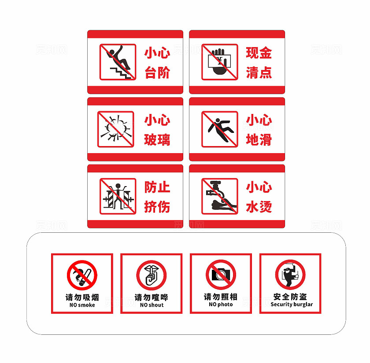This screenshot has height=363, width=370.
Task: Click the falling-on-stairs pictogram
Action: pyautogui.click(x=118, y=62)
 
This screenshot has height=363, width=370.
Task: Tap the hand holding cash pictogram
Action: pyautogui.click(x=220, y=62)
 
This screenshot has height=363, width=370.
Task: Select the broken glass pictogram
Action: pyautogui.click(x=115, y=129)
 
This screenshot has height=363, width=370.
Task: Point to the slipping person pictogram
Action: pyautogui.click(x=220, y=129)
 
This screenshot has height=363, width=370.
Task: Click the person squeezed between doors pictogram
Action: pyautogui.click(x=118, y=196)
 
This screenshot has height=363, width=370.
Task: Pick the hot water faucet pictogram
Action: pyautogui.click(x=220, y=196)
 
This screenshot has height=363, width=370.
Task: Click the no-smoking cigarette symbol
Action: pyautogui.click(x=82, y=275)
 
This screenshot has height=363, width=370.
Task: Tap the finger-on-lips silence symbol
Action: pyautogui.click(x=151, y=275)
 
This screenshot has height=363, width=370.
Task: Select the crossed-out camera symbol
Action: pyautogui.click(x=221, y=275)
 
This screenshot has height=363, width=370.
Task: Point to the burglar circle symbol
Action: pyautogui.click(x=290, y=275)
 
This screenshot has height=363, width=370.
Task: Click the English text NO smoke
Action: pyautogui.click(x=82, y=305)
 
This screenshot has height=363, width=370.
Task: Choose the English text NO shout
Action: pyautogui.click(x=152, y=305)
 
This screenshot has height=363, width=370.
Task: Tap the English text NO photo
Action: pyautogui.click(x=221, y=304)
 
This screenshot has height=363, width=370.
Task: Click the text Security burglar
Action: pyautogui.click(x=292, y=304)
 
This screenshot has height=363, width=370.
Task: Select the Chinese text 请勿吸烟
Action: pyautogui.click(x=82, y=297)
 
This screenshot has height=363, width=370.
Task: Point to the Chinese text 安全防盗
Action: pyautogui.click(x=290, y=297)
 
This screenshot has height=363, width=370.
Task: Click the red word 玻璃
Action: pyautogui.click(x=157, y=139)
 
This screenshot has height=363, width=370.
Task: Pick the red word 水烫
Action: pyautogui.click(x=259, y=207)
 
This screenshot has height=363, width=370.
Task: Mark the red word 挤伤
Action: pyautogui.click(x=157, y=207)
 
